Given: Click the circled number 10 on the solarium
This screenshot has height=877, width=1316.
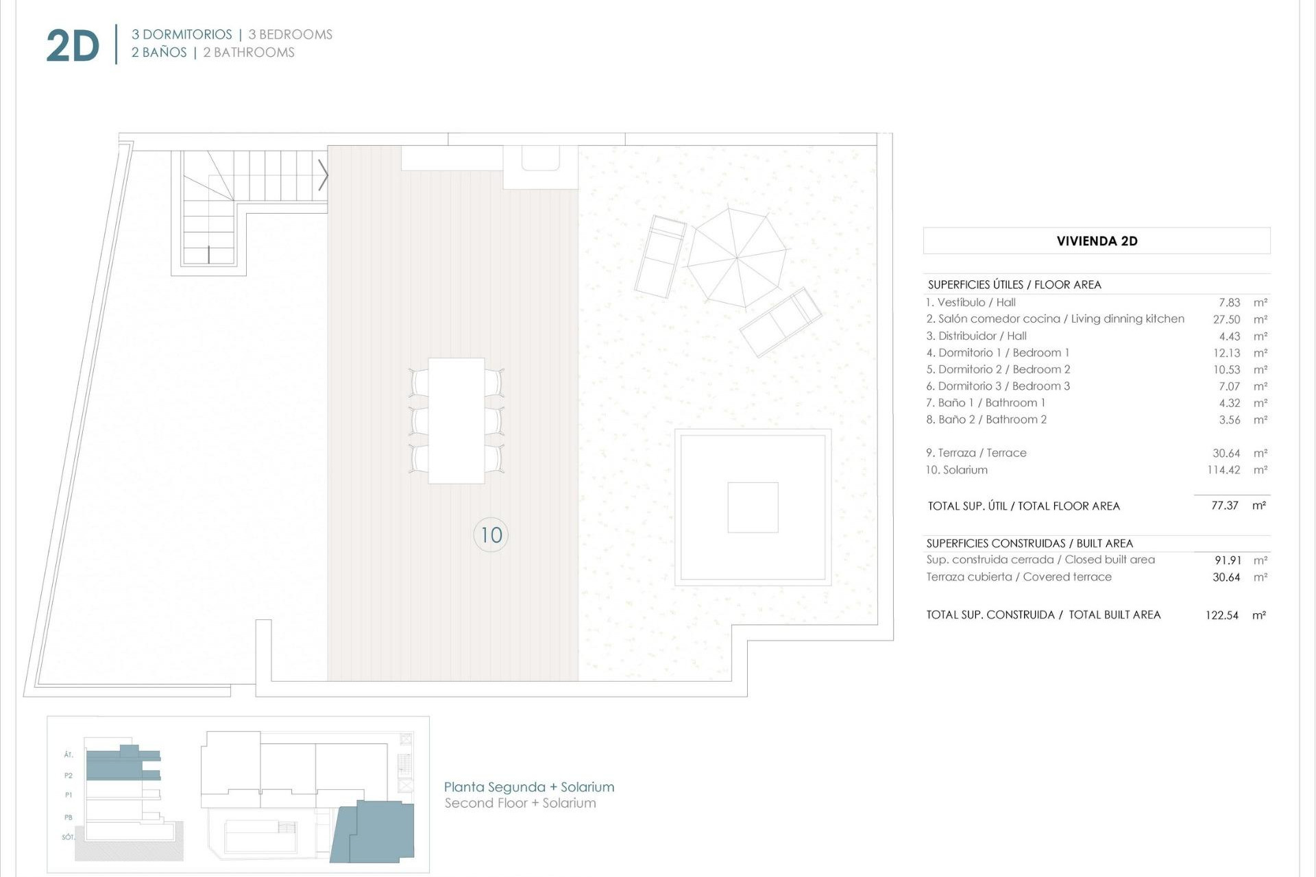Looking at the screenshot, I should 491,534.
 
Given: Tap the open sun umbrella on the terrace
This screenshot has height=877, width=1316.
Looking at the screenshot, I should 737,258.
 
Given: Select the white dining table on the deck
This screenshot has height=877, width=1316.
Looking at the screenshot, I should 456,421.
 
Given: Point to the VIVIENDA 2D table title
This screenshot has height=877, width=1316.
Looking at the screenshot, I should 1097,241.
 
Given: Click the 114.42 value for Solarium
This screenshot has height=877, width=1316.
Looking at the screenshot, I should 1223,470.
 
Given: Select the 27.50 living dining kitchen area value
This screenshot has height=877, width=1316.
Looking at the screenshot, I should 1226,319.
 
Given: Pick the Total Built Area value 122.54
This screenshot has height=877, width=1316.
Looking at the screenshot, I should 1222,615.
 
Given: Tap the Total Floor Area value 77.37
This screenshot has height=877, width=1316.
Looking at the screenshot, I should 1224,506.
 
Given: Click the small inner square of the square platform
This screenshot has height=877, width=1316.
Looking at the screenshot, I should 753,507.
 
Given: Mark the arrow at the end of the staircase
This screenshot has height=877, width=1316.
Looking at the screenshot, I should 323,175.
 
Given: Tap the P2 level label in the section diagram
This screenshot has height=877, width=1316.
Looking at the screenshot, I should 69,776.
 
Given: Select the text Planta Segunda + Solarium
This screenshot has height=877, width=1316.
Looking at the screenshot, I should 528,787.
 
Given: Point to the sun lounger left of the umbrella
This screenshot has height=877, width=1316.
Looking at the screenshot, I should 660,256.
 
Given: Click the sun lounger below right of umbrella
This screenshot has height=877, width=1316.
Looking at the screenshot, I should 781,322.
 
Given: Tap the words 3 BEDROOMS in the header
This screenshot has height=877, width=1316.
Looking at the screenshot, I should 290,34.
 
